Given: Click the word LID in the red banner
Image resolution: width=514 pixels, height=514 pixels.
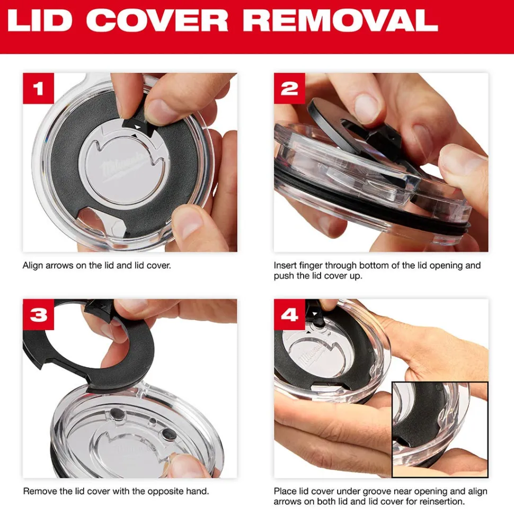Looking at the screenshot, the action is click(40, 20).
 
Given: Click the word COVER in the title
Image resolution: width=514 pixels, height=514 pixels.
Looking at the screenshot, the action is click(157, 20).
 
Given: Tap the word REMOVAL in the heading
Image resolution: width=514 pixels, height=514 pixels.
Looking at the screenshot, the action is click(340, 20).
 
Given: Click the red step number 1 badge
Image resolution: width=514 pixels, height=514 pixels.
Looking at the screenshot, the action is click(38, 88).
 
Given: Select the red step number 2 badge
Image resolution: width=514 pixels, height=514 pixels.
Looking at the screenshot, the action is click(289, 88).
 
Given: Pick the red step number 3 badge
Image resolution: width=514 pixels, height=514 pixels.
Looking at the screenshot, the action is click(38, 315).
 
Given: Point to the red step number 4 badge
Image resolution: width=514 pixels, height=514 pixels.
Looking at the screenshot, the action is click(289, 315).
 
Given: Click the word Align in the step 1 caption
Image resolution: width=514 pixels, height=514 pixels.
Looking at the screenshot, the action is click(33, 265).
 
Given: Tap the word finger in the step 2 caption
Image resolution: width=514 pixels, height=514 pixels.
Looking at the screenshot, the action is click(311, 265).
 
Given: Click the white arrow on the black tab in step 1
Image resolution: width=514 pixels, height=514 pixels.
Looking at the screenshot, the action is click(138, 127).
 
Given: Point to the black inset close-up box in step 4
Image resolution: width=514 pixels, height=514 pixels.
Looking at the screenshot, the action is click(440, 429).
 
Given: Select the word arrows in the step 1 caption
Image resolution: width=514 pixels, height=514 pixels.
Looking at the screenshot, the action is click(59, 265).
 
